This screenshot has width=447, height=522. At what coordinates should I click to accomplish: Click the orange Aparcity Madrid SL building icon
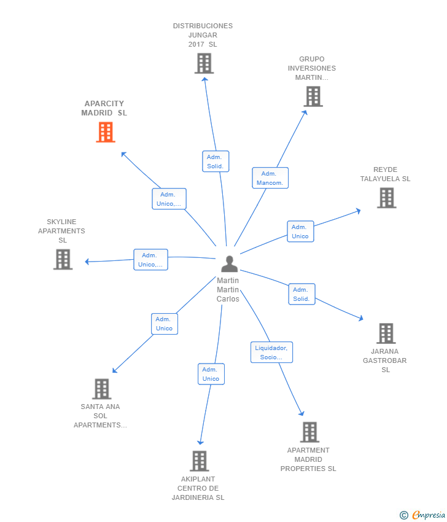pyautogui.click(x=106, y=132)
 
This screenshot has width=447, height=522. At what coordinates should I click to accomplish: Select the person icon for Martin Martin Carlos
pyautogui.click(x=229, y=264)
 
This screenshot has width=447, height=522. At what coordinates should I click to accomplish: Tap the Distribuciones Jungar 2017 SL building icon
pyautogui.click(x=204, y=63)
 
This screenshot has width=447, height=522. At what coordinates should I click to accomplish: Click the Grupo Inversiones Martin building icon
pyautogui.click(x=313, y=96)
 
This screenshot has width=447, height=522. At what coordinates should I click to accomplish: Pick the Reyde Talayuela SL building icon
pyautogui.click(x=386, y=198)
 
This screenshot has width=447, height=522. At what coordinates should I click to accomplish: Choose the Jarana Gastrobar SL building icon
pyautogui.click(x=386, y=333)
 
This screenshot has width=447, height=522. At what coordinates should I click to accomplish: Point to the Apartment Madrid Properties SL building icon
pyautogui.click(x=309, y=432)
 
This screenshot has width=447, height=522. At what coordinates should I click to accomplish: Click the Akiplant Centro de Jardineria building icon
pyautogui.click(x=199, y=461)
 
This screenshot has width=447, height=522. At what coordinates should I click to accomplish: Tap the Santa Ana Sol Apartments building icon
pyautogui.click(x=101, y=389)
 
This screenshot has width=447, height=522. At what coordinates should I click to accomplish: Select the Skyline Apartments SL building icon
pyautogui.click(x=63, y=259)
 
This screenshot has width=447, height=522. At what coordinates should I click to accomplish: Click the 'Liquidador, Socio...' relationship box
pyautogui.click(x=271, y=353)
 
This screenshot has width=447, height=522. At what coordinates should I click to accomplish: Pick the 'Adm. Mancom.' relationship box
pyautogui.click(x=270, y=178)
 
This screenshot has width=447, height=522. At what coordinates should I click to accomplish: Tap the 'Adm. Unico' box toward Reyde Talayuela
pyautogui.click(x=300, y=232)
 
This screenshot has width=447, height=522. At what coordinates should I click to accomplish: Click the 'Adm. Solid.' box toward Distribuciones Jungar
pyautogui.click(x=215, y=162)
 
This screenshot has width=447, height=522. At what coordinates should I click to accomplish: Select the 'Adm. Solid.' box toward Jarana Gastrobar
pyautogui.click(x=301, y=294)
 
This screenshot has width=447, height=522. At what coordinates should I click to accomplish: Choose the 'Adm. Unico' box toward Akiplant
pyautogui.click(x=211, y=374)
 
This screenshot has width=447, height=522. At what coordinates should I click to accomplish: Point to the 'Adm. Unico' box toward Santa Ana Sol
pyautogui.click(x=164, y=324)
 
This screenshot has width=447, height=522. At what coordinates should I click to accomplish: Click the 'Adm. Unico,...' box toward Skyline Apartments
pyautogui.click(x=150, y=260)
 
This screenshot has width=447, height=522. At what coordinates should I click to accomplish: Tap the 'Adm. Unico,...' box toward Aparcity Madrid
pyautogui.click(x=169, y=199)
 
